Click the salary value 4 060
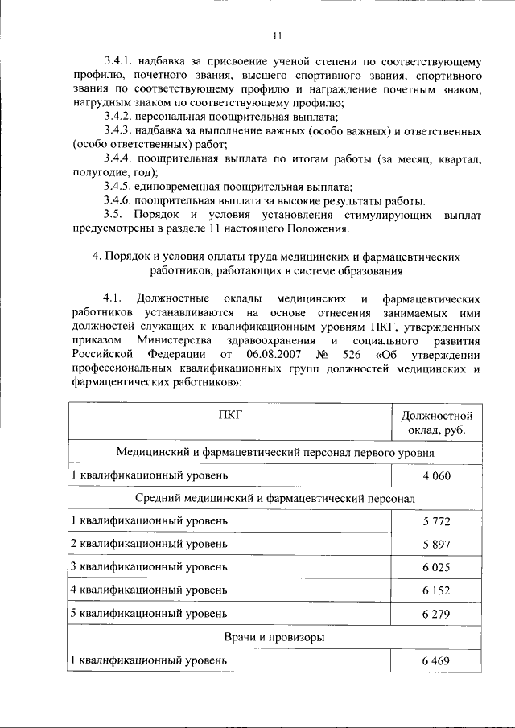point(435,476)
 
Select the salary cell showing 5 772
point(435,522)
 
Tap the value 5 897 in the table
point(435,545)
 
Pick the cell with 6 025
point(435,568)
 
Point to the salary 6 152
point(435,591)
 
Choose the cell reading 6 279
point(435,615)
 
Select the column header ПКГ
point(229,415)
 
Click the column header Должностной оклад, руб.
point(435,423)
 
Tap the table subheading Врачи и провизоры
point(274,637)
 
